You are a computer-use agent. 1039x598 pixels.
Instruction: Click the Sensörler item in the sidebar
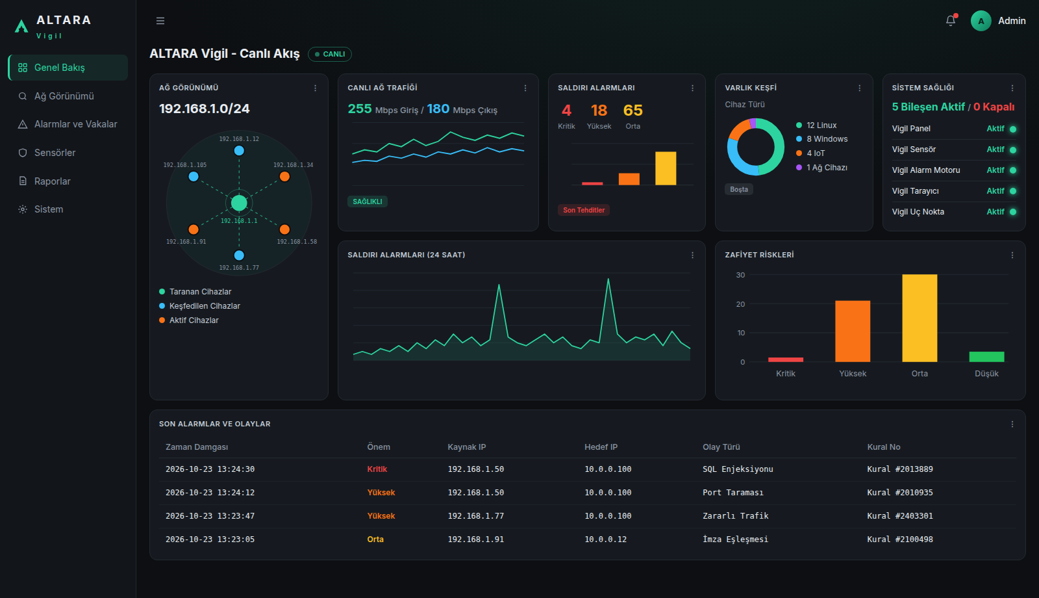tap(55, 153)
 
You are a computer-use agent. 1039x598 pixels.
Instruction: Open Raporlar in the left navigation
tap(52, 181)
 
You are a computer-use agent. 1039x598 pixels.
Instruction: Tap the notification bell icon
tap(951, 21)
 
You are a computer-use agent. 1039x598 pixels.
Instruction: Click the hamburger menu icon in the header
tap(160, 21)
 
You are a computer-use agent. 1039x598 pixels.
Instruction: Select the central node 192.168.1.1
tap(239, 203)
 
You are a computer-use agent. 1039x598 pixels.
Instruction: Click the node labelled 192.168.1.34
tap(285, 176)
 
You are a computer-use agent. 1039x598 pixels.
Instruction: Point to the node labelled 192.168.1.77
tap(239, 255)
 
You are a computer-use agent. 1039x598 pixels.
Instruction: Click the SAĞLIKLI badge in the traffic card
tap(368, 201)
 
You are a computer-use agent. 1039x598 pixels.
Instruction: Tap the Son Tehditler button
tap(584, 210)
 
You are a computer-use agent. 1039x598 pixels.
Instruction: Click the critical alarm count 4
tap(566, 110)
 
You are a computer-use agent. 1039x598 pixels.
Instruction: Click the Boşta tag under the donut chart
tap(739, 189)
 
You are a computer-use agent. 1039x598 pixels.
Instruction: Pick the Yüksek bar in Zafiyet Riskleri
tap(853, 331)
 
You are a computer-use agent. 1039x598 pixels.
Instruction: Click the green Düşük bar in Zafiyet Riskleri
tap(986, 357)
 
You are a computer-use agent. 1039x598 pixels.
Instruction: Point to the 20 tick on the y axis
tap(740, 304)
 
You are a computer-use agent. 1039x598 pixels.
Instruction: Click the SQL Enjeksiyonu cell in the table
tap(738, 469)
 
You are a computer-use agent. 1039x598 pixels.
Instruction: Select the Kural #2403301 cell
tap(900, 516)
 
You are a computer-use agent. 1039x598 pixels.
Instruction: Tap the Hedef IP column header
tap(601, 447)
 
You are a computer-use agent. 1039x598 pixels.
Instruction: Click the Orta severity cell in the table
tap(375, 539)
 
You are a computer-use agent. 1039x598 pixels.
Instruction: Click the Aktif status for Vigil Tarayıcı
tap(995, 191)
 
